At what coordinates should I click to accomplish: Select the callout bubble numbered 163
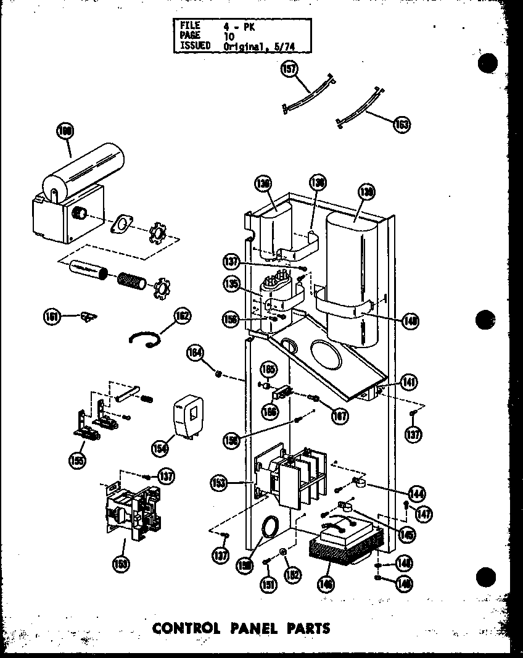tap(402, 124)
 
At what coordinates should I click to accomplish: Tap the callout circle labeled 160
tap(64, 131)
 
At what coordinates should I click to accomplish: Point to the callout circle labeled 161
tap(51, 317)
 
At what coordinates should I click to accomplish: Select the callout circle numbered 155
tap(77, 460)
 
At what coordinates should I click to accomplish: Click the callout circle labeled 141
tap(408, 383)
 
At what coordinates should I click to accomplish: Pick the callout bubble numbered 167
tap(339, 417)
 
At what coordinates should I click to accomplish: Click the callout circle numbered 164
tap(195, 353)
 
